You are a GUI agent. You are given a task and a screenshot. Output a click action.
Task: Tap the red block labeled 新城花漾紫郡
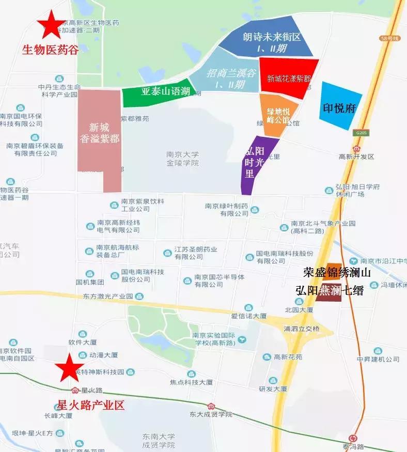point(289,79)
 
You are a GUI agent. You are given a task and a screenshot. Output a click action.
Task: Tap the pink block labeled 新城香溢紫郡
point(100,134)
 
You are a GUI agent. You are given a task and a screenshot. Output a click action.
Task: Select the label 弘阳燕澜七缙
point(330,291)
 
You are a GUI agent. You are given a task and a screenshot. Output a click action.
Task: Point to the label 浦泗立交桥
point(302,329)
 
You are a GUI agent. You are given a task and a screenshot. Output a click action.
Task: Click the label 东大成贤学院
point(210,414)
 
